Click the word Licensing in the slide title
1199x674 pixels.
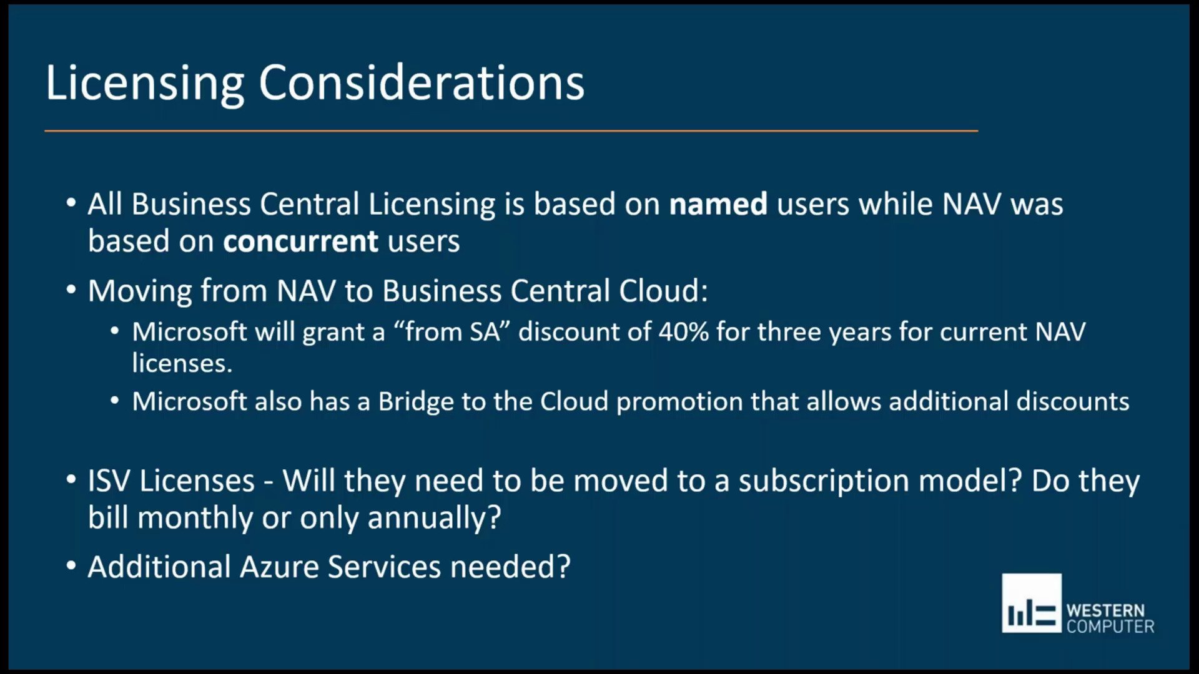coord(144,83)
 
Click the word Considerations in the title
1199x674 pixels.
coord(422,83)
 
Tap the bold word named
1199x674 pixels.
coord(718,205)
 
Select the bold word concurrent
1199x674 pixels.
coord(301,242)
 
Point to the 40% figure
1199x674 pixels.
coord(683,332)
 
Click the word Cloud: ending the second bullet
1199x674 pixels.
coord(663,291)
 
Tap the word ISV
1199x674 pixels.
coord(109,481)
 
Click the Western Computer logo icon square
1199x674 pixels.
coord(1031,603)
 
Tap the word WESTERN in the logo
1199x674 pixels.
coord(1105,610)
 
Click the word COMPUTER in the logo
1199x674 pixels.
coord(1110,627)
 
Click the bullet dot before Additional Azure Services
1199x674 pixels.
coord(71,565)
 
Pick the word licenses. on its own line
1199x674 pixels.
coord(182,363)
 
